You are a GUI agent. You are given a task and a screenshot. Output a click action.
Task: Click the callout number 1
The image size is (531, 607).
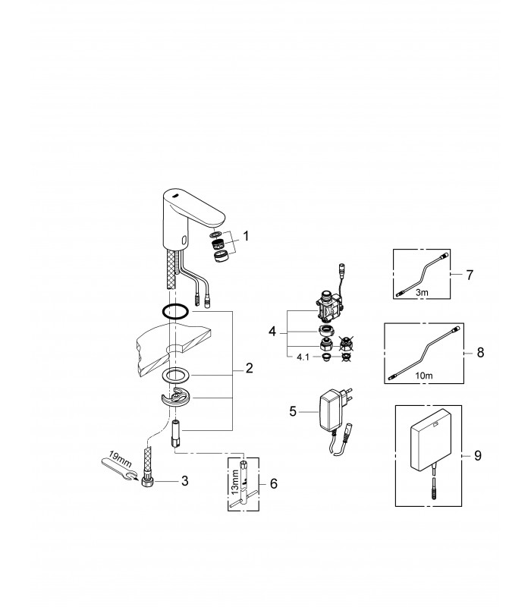point(246,236)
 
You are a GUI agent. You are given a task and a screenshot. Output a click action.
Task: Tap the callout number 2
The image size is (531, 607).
point(249,368)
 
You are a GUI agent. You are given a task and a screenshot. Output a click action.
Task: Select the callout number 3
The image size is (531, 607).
point(184,481)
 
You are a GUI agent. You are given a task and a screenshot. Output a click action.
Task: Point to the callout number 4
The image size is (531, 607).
point(272,332)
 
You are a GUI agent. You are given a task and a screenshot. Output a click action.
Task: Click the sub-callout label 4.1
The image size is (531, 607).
point(303,357)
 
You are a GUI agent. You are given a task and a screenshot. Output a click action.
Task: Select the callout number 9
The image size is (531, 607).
point(478,456)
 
